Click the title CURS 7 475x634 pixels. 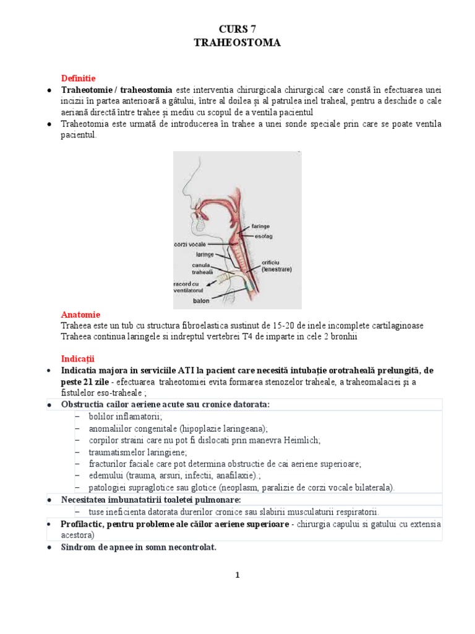click(237, 29)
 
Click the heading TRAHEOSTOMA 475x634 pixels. click(237, 43)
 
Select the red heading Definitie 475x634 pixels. click(78, 78)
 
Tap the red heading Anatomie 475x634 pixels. click(80, 315)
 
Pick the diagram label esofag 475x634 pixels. click(262, 236)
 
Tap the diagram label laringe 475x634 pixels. click(205, 254)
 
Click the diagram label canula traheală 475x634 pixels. click(202, 268)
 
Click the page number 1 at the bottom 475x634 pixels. click(237, 575)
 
